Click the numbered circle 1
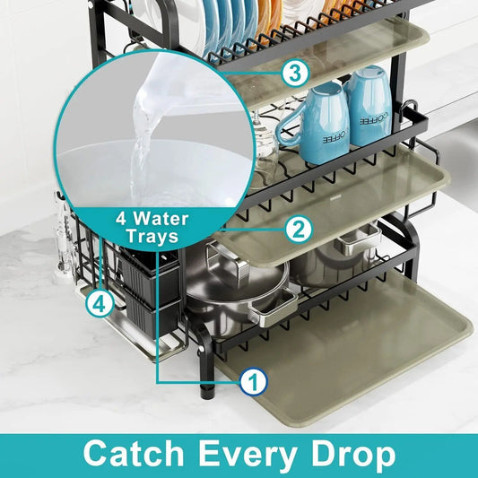point(253,382)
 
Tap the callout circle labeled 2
point(298,229)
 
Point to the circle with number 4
point(100,304)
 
